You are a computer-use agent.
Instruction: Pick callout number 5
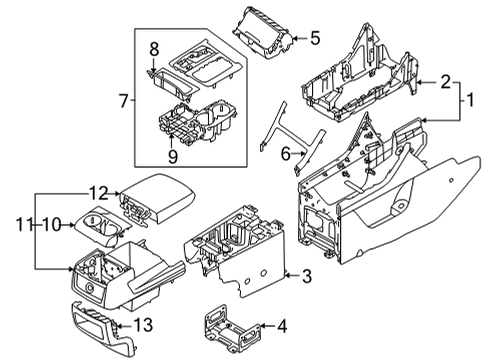click(x=313, y=39)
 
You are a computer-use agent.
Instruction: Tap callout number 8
click(x=153, y=48)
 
